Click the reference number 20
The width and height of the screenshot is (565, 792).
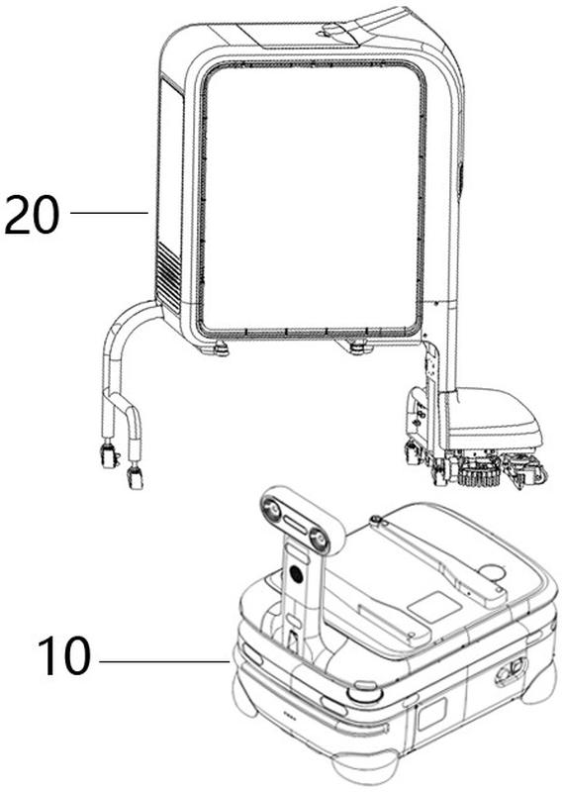pyautogui.click(x=32, y=214)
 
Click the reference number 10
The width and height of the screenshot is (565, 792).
pyautogui.click(x=64, y=655)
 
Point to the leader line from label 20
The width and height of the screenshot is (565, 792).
pyautogui.click(x=109, y=213)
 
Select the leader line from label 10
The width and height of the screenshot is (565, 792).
pyautogui.click(x=164, y=661)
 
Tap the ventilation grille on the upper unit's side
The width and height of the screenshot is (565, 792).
pyautogui.click(x=168, y=277)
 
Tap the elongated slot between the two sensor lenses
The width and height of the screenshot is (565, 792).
pyautogui.click(x=296, y=525)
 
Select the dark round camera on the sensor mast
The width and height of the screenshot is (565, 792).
pyautogui.click(x=297, y=574)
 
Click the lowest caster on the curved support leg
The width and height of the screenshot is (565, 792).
pyautogui.click(x=135, y=477)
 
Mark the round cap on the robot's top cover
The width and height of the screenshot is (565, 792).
pyautogui.click(x=492, y=572)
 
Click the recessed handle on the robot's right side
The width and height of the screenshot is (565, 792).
pyautogui.click(x=510, y=671)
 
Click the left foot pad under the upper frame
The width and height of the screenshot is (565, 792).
pyautogui.click(x=216, y=348)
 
